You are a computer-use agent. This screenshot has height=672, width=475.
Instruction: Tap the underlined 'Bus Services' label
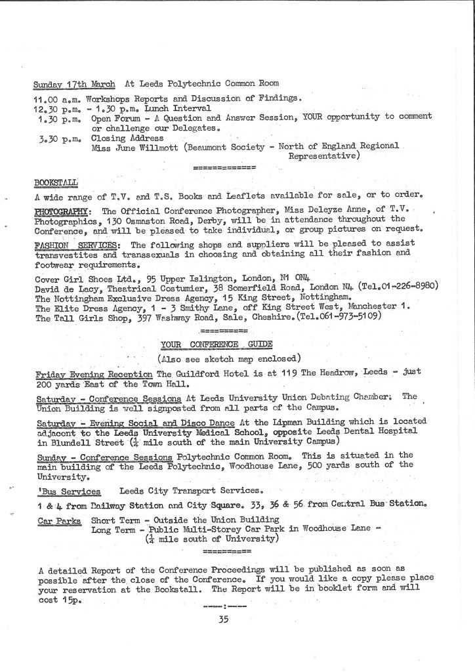click(68, 491)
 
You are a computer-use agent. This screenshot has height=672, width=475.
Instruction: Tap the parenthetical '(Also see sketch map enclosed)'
click(229, 358)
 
